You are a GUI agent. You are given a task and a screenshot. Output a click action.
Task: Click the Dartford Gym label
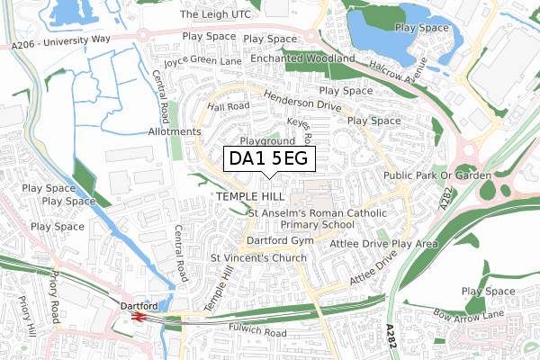click(x=279, y=241)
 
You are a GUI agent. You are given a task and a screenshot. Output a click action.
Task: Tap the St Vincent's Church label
click(x=258, y=258)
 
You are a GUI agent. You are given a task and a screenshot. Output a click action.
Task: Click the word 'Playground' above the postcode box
click(x=266, y=141)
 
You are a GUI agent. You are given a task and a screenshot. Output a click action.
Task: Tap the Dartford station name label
click(x=139, y=305)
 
